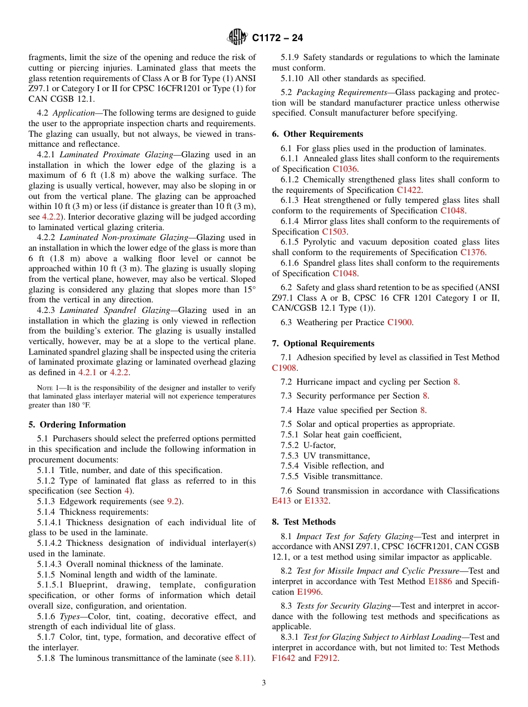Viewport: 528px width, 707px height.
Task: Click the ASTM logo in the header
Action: click(237, 38)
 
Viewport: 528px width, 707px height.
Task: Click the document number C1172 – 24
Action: click(277, 38)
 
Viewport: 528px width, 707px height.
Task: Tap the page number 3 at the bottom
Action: click(264, 683)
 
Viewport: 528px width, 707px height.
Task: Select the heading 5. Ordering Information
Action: click(77, 425)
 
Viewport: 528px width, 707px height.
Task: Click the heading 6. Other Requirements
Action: click(317, 134)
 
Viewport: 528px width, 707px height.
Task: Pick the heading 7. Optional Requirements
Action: click(323, 343)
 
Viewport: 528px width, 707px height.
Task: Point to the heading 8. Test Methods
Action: click(303, 522)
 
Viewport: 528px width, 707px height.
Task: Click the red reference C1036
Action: click(345, 169)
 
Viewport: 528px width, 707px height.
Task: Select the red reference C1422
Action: click(409, 190)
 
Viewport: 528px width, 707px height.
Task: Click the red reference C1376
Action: click(472, 252)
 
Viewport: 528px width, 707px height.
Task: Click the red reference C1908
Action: click(284, 368)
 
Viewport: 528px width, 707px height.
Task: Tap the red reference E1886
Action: click(440, 581)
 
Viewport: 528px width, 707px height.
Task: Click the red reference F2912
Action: click(326, 658)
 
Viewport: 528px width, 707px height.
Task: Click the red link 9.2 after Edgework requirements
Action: click(173, 501)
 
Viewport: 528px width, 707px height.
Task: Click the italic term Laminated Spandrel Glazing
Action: click(116, 310)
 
